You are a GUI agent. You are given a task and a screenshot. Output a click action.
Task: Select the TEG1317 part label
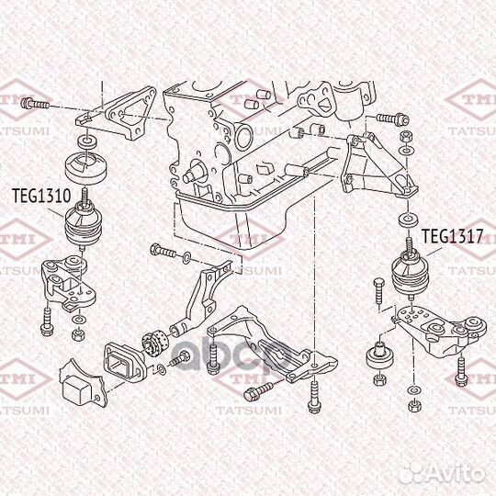452,235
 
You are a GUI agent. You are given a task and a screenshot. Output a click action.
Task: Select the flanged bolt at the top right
389,118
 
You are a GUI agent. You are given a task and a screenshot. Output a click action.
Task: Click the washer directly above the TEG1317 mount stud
405,221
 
